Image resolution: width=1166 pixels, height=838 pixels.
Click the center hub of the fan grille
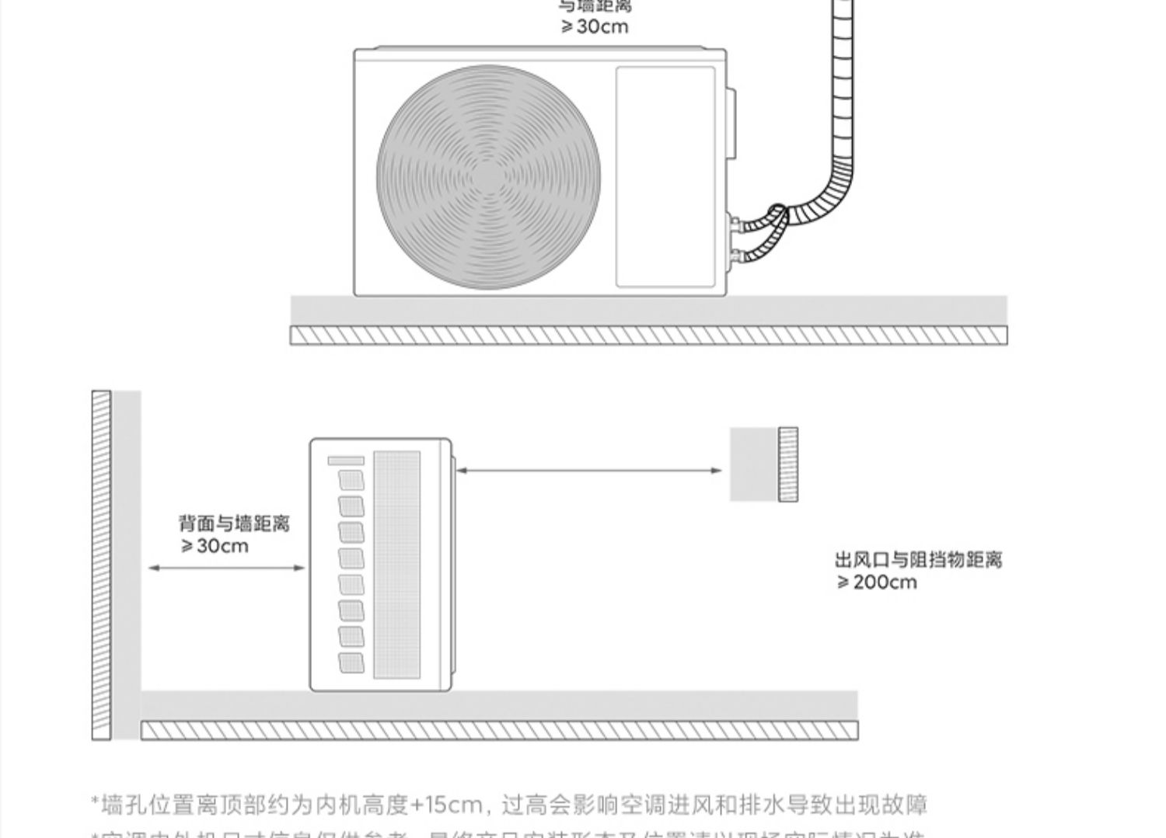tap(488, 178)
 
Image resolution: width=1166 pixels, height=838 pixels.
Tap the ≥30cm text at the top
tap(595, 27)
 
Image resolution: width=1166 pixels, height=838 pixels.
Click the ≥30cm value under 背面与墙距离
tap(215, 546)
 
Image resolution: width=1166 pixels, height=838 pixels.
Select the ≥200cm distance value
tap(877, 582)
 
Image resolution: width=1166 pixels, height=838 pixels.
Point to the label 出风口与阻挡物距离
tap(919, 560)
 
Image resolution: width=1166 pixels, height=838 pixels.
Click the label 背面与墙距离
tap(234, 523)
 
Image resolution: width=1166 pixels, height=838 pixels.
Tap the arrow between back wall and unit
tap(226, 568)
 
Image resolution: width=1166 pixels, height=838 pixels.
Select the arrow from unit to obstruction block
tap(588, 470)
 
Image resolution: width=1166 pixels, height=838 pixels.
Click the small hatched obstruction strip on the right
tap(788, 464)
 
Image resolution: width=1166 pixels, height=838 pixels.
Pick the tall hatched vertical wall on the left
tap(101, 565)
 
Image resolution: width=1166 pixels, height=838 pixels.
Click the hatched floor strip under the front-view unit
tap(648, 336)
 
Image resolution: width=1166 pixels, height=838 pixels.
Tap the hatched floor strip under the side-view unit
tap(499, 730)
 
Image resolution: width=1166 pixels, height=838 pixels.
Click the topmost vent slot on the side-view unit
tap(351, 480)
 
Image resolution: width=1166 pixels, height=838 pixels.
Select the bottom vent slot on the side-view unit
tap(351, 662)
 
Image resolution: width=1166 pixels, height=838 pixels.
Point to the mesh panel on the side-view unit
tap(397, 565)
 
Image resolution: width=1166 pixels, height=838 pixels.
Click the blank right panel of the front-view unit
tap(665, 177)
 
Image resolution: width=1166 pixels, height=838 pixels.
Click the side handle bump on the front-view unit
tap(731, 124)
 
